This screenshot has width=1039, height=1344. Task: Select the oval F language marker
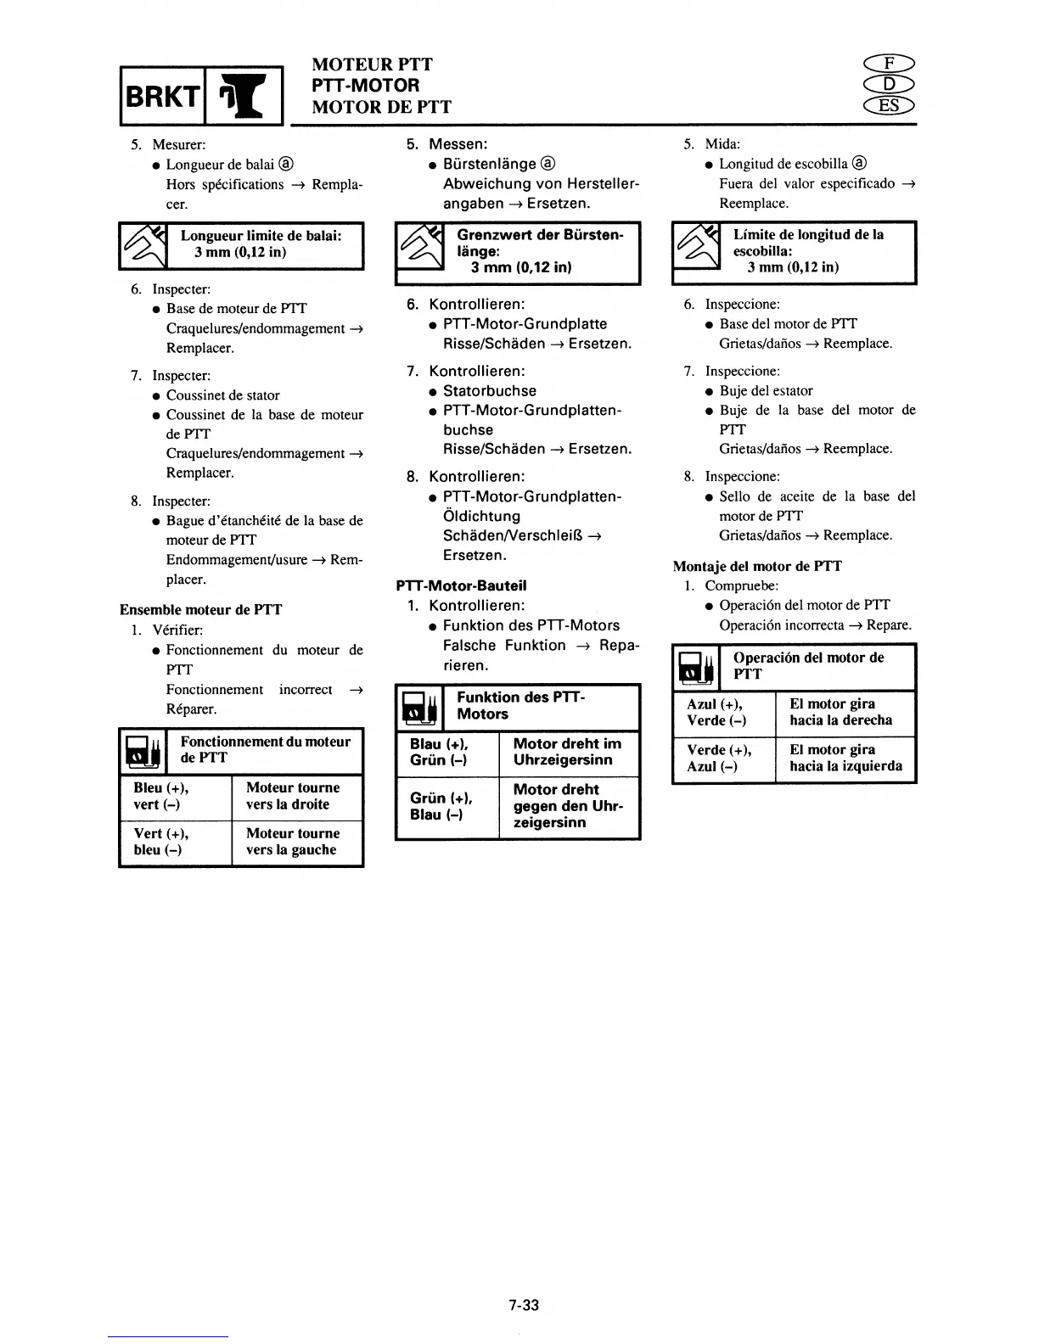click(889, 64)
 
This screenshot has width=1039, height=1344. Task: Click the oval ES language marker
click(889, 105)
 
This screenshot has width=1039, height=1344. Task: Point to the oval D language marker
click(889, 85)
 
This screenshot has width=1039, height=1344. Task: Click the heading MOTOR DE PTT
click(381, 107)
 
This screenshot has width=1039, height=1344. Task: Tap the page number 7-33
click(524, 1305)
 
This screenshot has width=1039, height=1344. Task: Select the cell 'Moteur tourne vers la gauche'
click(293, 842)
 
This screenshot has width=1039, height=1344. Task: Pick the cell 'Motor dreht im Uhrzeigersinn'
click(567, 752)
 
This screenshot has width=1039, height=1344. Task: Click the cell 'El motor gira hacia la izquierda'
click(845, 758)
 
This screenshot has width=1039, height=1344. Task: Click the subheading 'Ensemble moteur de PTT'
click(200, 609)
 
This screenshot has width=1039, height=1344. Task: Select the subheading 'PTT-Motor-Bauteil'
click(461, 585)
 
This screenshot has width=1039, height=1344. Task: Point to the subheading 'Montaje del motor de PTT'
click(757, 566)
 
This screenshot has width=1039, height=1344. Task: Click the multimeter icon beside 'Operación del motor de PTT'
click(695, 668)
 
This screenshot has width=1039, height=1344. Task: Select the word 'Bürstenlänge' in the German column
click(490, 164)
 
